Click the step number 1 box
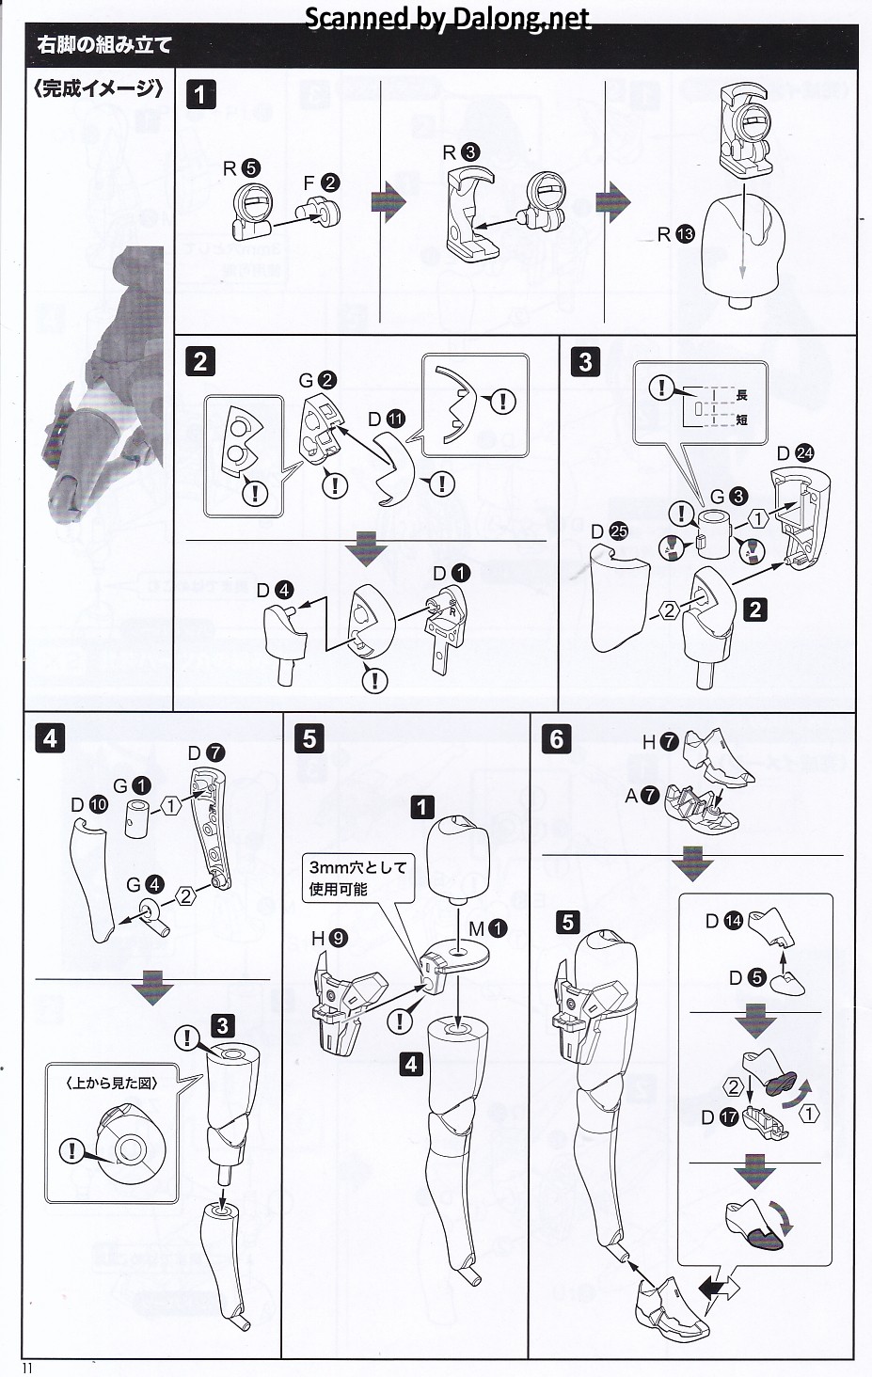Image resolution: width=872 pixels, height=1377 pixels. (x=201, y=94)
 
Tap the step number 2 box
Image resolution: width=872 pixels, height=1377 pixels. (x=199, y=361)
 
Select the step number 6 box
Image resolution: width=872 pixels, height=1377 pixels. (x=556, y=738)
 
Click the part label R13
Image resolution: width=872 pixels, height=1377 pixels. (x=675, y=234)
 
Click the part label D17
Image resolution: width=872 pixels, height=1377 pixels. (x=720, y=1118)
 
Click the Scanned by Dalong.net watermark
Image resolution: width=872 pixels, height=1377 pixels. (x=448, y=18)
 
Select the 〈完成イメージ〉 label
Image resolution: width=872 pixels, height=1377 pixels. (x=98, y=89)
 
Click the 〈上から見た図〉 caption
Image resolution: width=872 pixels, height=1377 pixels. (x=112, y=1084)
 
